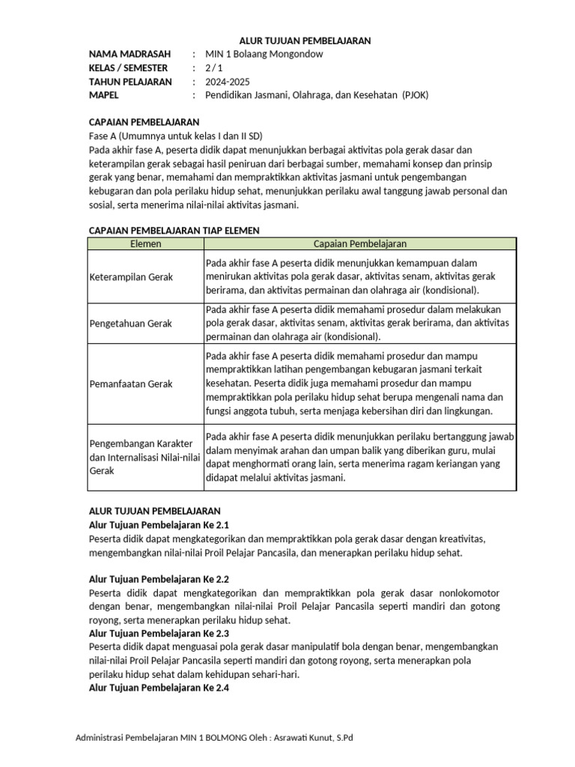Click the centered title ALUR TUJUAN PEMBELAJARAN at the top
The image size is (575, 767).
tap(305, 40)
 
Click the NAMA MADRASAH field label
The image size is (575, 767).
tap(130, 55)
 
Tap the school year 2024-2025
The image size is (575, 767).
tap(227, 82)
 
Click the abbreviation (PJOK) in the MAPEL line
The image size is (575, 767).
tap(415, 95)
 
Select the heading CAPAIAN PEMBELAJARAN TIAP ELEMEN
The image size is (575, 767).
tap(174, 230)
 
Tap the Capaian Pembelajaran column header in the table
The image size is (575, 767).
tap(359, 243)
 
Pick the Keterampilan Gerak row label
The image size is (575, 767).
tap(131, 276)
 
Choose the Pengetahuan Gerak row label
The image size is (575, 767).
tap(130, 323)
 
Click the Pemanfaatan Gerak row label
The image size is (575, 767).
tap(130, 383)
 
